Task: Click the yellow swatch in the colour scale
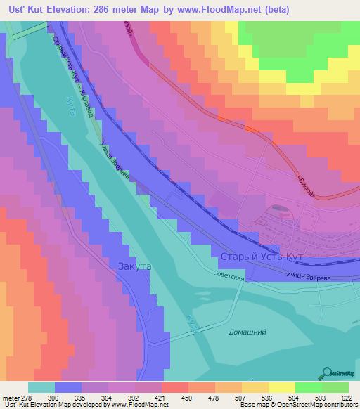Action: point(281,387)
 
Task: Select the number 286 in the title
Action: point(114,10)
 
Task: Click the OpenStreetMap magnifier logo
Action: point(327,373)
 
